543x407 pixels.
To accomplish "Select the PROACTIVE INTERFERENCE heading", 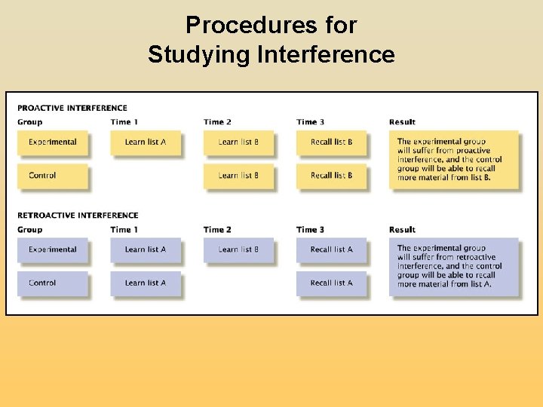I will pos(72,108).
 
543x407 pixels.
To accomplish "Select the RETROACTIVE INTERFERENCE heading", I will pos(78,216).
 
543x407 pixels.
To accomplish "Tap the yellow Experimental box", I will pos(53,142).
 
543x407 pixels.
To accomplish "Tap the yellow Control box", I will pos(53,176).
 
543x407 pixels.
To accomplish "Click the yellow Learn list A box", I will pos(146,142).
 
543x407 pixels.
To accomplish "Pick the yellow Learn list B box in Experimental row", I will pos(238,142).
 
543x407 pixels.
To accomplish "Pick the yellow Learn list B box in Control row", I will pos(238,176).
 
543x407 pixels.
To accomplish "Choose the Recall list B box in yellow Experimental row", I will pos(331,142).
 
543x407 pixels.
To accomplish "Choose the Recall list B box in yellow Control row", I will pos(331,176).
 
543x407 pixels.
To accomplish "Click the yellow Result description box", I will pos(454,159).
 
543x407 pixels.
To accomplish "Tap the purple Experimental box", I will pos(53,249).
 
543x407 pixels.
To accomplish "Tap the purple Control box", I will pos(53,283).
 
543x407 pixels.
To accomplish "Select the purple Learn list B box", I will pos(238,249).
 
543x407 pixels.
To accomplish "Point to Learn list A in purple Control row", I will pos(146,283).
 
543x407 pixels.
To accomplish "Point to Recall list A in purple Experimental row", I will pos(331,249).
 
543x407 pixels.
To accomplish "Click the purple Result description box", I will pos(454,267).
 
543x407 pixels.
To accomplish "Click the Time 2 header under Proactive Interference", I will pos(217,122).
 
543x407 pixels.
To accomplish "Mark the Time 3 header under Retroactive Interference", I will pos(310,230).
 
